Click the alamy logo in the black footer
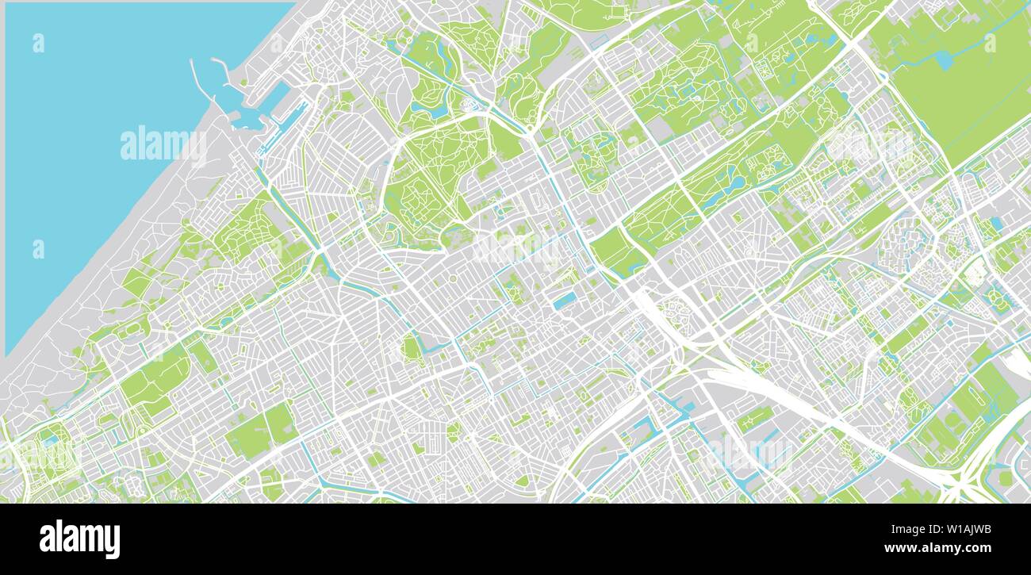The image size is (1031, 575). point(79,539)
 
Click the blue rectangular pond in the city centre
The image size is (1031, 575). point(565,301)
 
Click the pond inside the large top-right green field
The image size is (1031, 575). point(944,59)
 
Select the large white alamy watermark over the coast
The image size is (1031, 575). point(163,145)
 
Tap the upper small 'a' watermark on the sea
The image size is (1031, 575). point(38,44)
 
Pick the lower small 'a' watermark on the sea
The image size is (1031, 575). point(38,249)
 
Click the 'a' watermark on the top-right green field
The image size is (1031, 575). point(989,44)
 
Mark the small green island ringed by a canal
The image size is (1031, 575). point(411,347)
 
